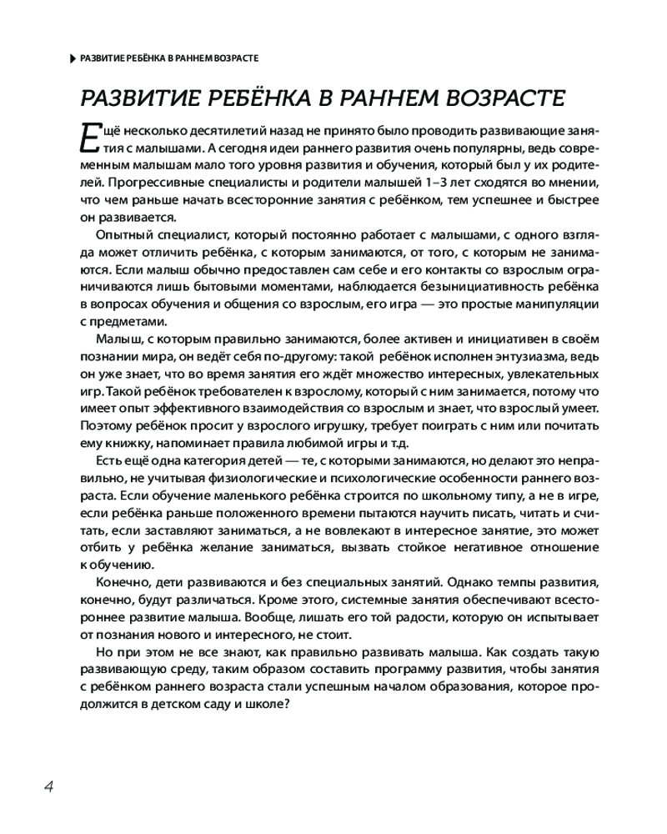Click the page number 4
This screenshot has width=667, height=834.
point(49,786)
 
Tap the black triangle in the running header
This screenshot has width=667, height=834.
point(70,58)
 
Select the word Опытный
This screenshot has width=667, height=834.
point(125,234)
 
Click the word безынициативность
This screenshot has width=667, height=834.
point(477,286)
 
